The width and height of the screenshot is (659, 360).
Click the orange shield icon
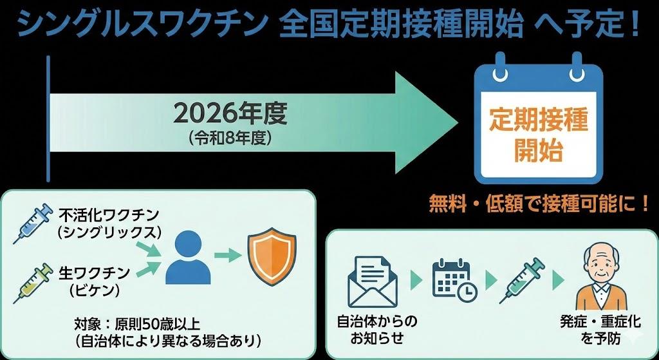(272, 256)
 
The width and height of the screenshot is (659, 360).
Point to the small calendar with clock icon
(454, 279)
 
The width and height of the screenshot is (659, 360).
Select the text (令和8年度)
(229, 137)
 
